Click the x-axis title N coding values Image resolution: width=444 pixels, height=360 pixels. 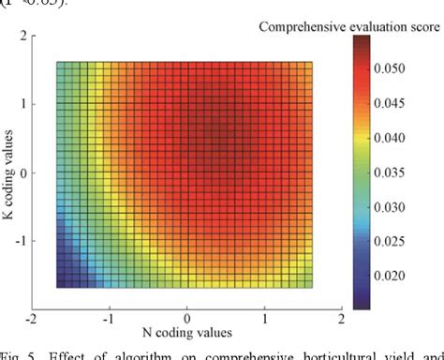(186, 333)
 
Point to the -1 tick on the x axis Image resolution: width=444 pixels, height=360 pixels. (110, 319)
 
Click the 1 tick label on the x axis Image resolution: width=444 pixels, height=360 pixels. (265, 319)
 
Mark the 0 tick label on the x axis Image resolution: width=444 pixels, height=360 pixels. (187, 319)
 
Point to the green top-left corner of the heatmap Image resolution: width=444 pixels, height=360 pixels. (61, 67)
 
